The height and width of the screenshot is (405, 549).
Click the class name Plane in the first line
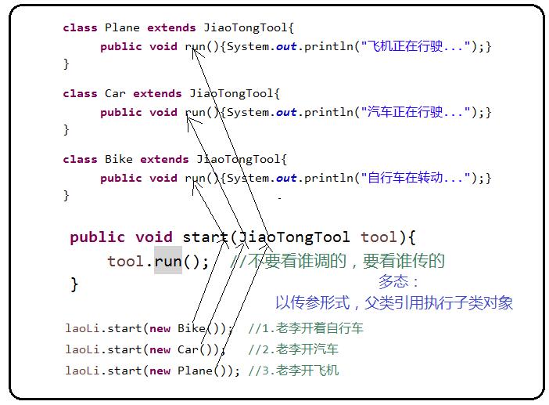coord(121,27)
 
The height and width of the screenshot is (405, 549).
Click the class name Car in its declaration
coord(115,93)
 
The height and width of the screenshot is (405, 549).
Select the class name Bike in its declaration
coord(119,159)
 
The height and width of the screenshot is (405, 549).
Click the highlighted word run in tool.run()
coord(167,261)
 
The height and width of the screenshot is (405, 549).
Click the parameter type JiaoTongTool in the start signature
coord(294,237)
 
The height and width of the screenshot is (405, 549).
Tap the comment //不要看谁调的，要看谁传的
coord(337,261)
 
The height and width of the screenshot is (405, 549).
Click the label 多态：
coord(399,282)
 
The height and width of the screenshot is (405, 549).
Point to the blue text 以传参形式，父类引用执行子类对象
coord(393,302)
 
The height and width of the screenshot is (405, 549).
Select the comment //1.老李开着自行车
coord(306,328)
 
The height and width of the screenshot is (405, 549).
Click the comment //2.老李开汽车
coord(293,349)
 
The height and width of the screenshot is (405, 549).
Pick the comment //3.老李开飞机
coord(293,371)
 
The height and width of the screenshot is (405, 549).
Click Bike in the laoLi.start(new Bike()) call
coord(192,328)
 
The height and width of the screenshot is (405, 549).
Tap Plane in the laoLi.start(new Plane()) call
coord(195,371)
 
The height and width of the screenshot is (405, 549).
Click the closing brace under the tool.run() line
coord(74,284)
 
